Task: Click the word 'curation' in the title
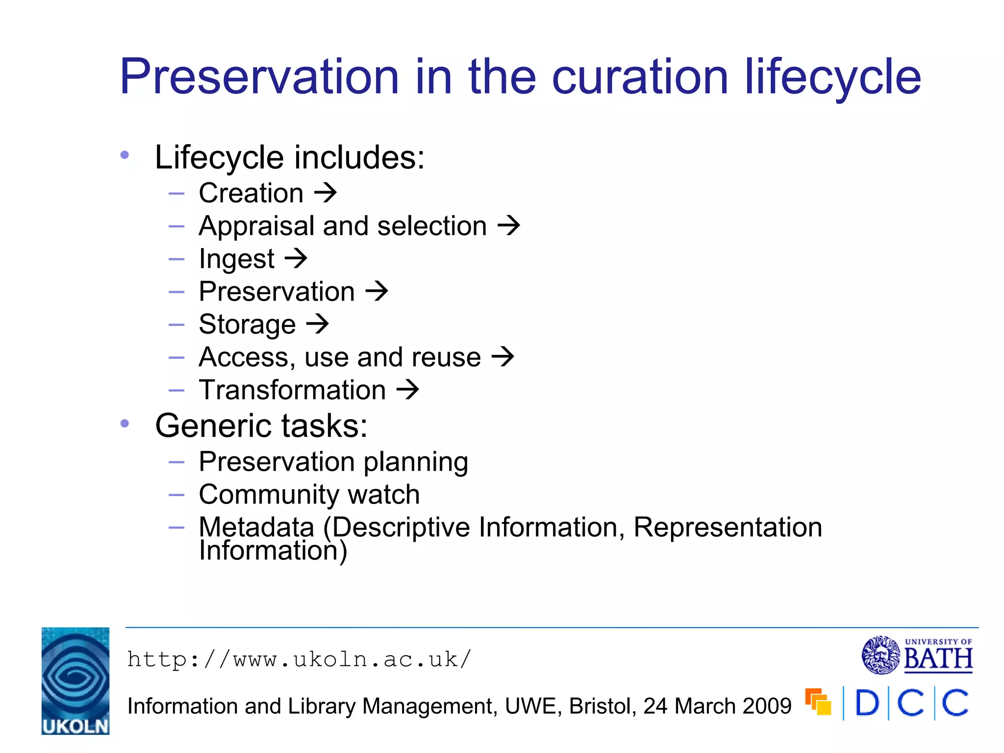point(640,77)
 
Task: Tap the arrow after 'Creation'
point(326,193)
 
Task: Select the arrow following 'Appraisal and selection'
point(509,226)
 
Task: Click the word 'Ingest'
point(237,259)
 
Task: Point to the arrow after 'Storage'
point(318,324)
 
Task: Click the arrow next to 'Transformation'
point(408,390)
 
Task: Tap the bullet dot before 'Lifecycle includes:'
point(125,155)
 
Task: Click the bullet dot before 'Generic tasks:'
point(125,424)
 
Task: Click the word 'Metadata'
point(256,527)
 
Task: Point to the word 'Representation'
point(728,527)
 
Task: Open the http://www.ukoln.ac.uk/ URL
point(299,659)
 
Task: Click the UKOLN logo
point(75,680)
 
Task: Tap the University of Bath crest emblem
point(881,655)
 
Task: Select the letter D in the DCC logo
point(867,703)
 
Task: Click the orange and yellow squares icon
point(818,702)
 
